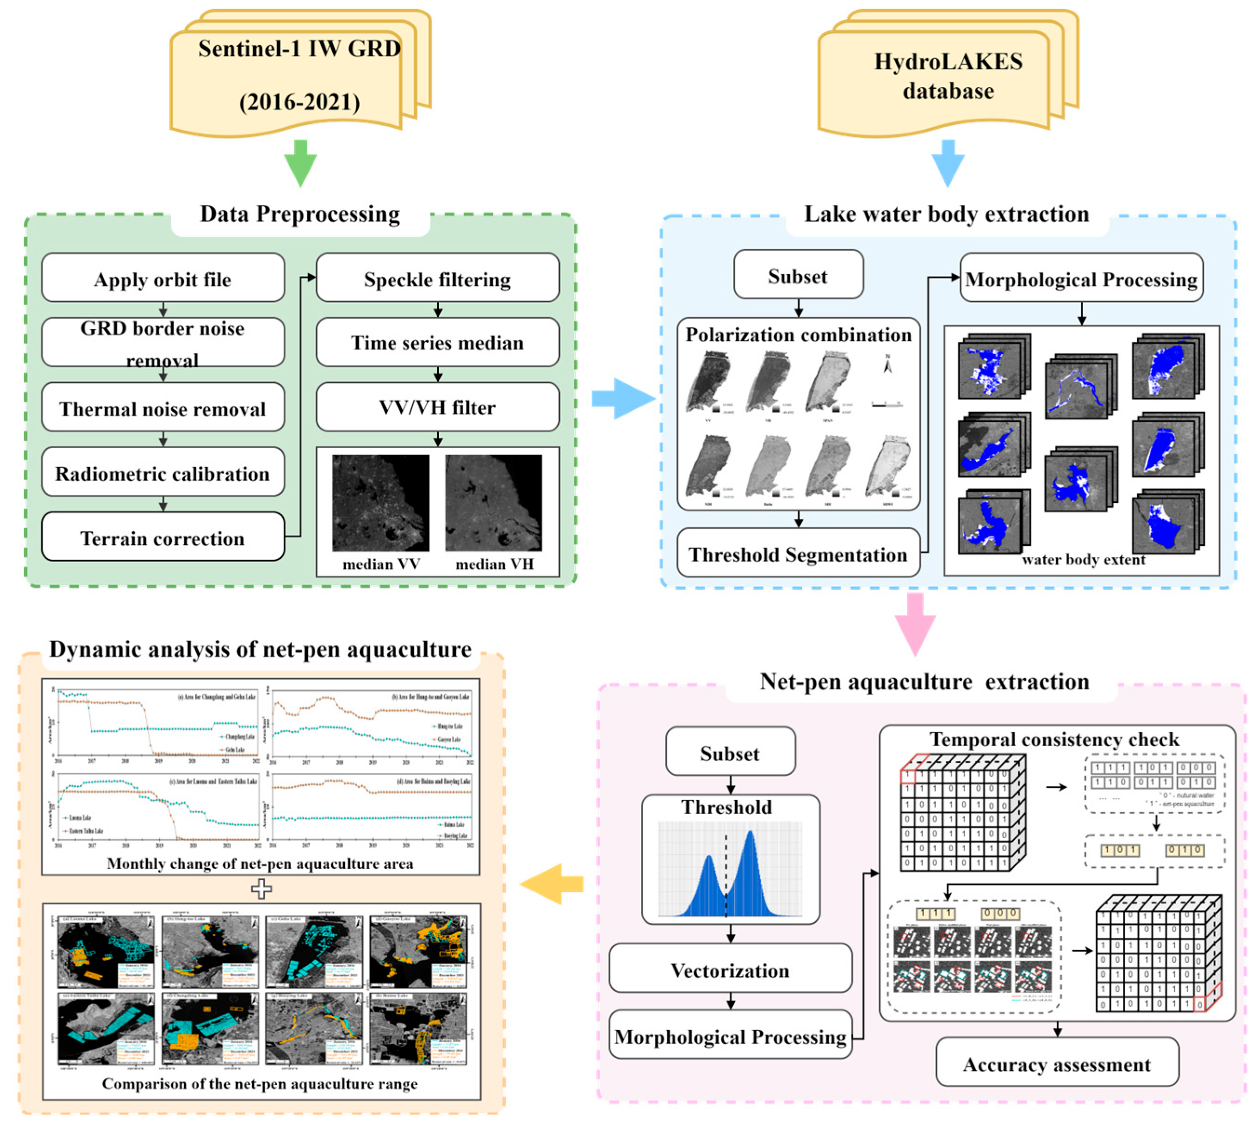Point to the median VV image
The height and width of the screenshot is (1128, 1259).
coord(380,503)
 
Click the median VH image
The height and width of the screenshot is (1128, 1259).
coord(493,503)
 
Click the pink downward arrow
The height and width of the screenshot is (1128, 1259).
coord(914,624)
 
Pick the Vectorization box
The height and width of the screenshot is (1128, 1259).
coord(730,969)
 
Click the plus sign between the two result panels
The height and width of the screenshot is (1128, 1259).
coord(261,889)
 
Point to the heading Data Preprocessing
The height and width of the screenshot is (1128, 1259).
coord(300,214)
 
